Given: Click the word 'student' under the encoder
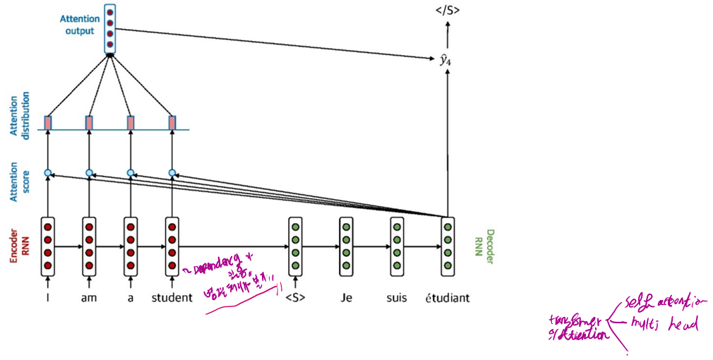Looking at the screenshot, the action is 172,298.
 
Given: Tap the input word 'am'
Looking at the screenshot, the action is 89,298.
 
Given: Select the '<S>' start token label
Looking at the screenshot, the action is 296,298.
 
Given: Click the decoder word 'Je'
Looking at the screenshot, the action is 346,298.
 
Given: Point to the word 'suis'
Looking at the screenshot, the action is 397,298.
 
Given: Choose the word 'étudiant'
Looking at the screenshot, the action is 447,298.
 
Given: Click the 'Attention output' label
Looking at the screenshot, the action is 79,25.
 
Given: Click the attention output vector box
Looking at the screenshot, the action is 109,28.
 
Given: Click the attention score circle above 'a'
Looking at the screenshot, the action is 130,172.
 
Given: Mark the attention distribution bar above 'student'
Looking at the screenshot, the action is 172,123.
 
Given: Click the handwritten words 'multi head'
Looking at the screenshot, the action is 663,325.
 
